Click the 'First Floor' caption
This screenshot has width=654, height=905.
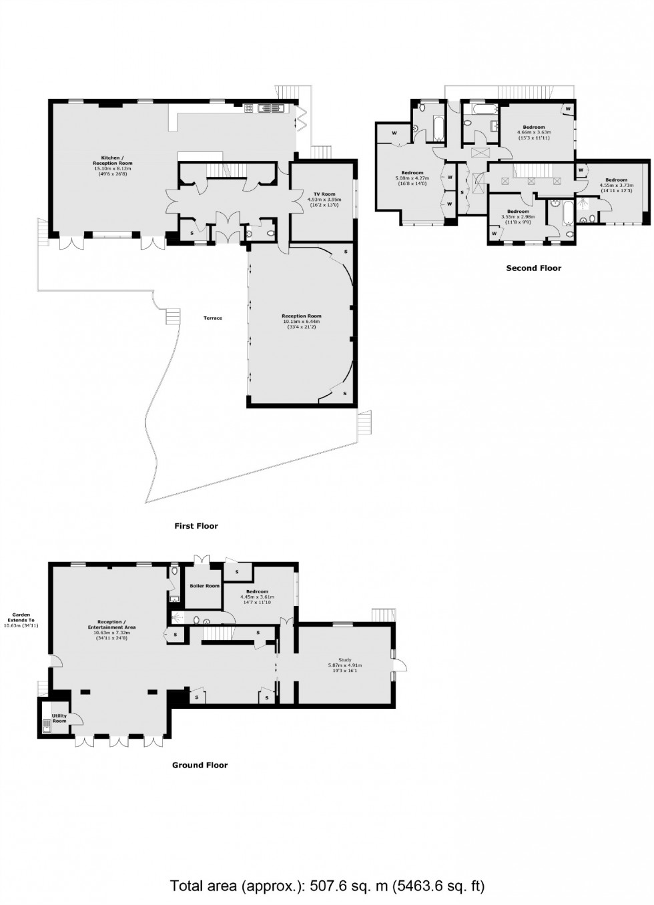pyautogui.click(x=196, y=526)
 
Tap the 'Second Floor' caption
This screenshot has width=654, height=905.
pyautogui.click(x=533, y=268)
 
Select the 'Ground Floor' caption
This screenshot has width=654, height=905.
pyautogui.click(x=200, y=765)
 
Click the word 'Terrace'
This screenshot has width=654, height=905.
pyautogui.click(x=213, y=318)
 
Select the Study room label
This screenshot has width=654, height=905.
pyautogui.click(x=344, y=664)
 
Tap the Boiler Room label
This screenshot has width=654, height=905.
pyautogui.click(x=204, y=586)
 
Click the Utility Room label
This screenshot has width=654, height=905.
pyautogui.click(x=59, y=719)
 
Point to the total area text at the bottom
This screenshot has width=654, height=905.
pyautogui.click(x=327, y=886)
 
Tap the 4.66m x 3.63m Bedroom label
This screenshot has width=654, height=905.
pyautogui.click(x=534, y=129)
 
